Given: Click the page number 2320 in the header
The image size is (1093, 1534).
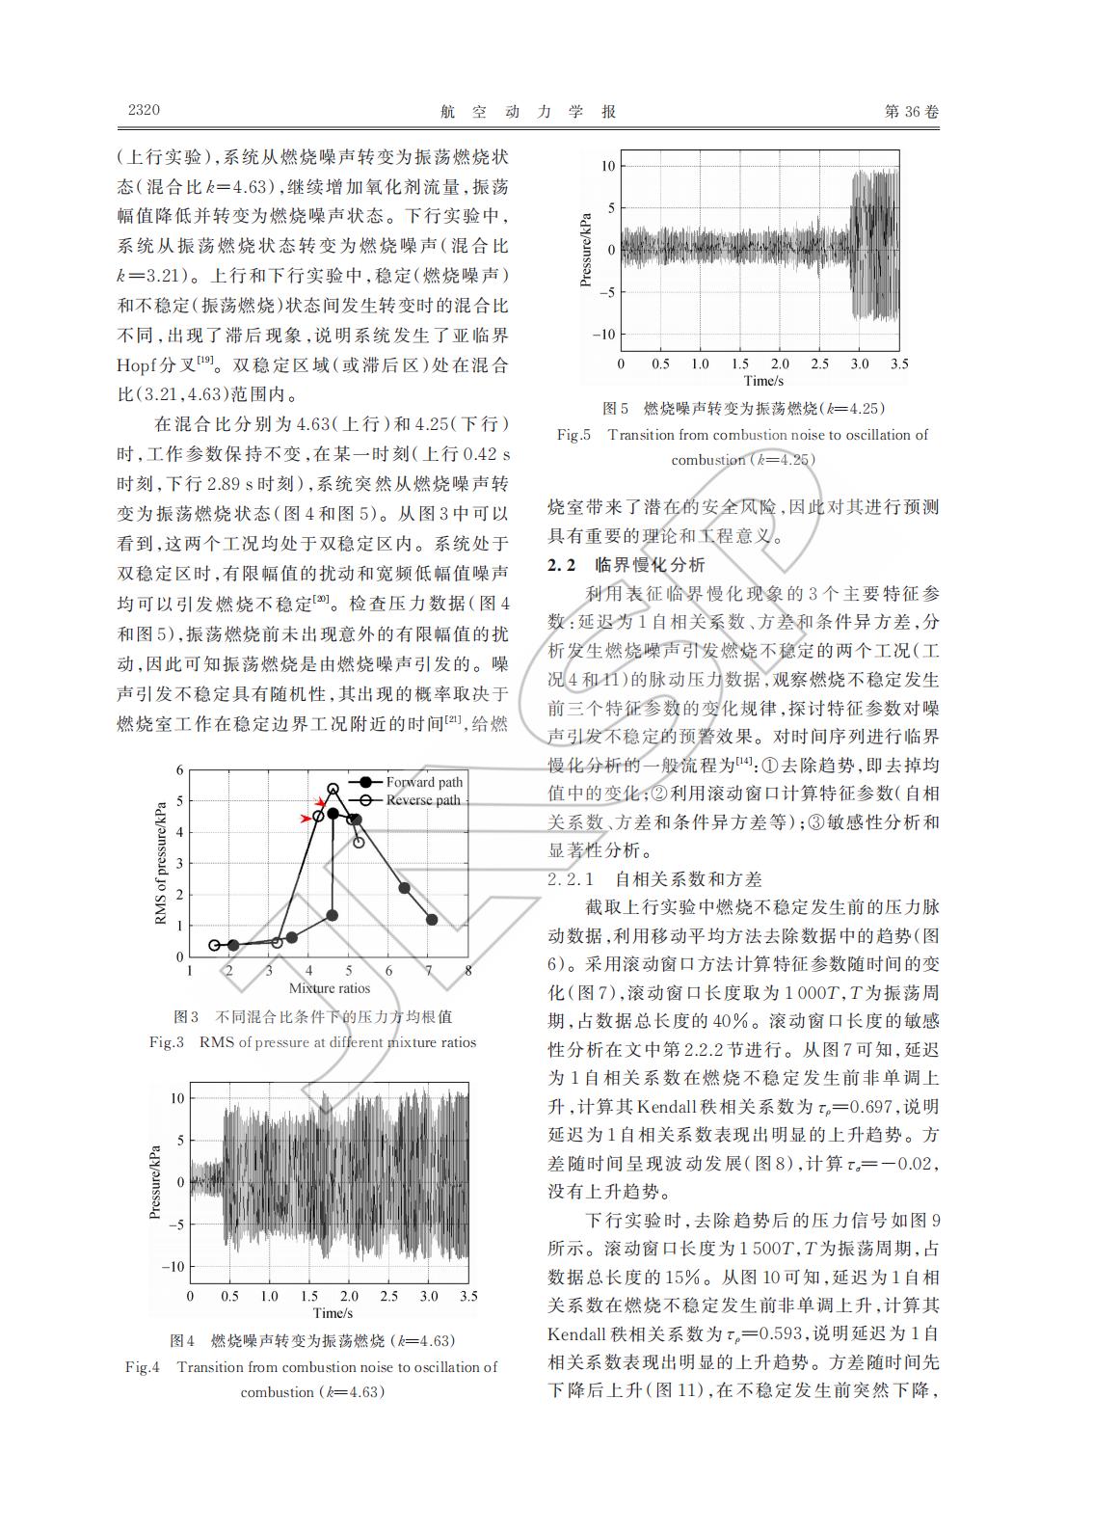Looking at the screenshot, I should pyautogui.click(x=144, y=110).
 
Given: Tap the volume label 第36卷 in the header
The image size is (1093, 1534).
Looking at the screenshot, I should pyautogui.click(x=910, y=111).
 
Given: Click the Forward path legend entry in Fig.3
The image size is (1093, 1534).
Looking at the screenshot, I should pyautogui.click(x=424, y=782).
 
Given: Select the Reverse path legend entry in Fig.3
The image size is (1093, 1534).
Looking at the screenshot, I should pyautogui.click(x=423, y=800).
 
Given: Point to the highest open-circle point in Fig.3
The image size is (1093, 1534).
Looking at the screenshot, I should pyautogui.click(x=333, y=789).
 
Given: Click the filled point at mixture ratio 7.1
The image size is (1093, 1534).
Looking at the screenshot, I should pyautogui.click(x=432, y=920).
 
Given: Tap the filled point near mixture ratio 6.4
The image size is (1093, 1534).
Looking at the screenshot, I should pyautogui.click(x=404, y=888).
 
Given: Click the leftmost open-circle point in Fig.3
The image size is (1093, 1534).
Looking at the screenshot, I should pyautogui.click(x=215, y=945).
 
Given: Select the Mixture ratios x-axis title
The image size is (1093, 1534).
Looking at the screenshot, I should pyautogui.click(x=329, y=988).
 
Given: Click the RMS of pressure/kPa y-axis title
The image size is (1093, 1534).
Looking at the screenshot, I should pyautogui.click(x=161, y=863).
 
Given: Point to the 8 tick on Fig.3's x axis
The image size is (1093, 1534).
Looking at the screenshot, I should pyautogui.click(x=468, y=971).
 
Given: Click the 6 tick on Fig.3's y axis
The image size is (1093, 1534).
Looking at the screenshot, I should pyautogui.click(x=178, y=770).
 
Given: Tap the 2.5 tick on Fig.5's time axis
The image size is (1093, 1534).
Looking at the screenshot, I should pyautogui.click(x=819, y=364).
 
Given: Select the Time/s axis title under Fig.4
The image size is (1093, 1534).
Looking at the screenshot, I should pyautogui.click(x=333, y=1313).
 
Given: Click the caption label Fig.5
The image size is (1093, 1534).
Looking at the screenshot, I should pyautogui.click(x=573, y=435).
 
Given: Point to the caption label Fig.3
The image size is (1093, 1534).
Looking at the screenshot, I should pyautogui.click(x=167, y=1042).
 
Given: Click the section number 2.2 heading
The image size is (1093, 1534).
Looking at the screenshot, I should pyautogui.click(x=561, y=565).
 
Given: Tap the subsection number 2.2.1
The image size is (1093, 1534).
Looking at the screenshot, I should pyautogui.click(x=573, y=879).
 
